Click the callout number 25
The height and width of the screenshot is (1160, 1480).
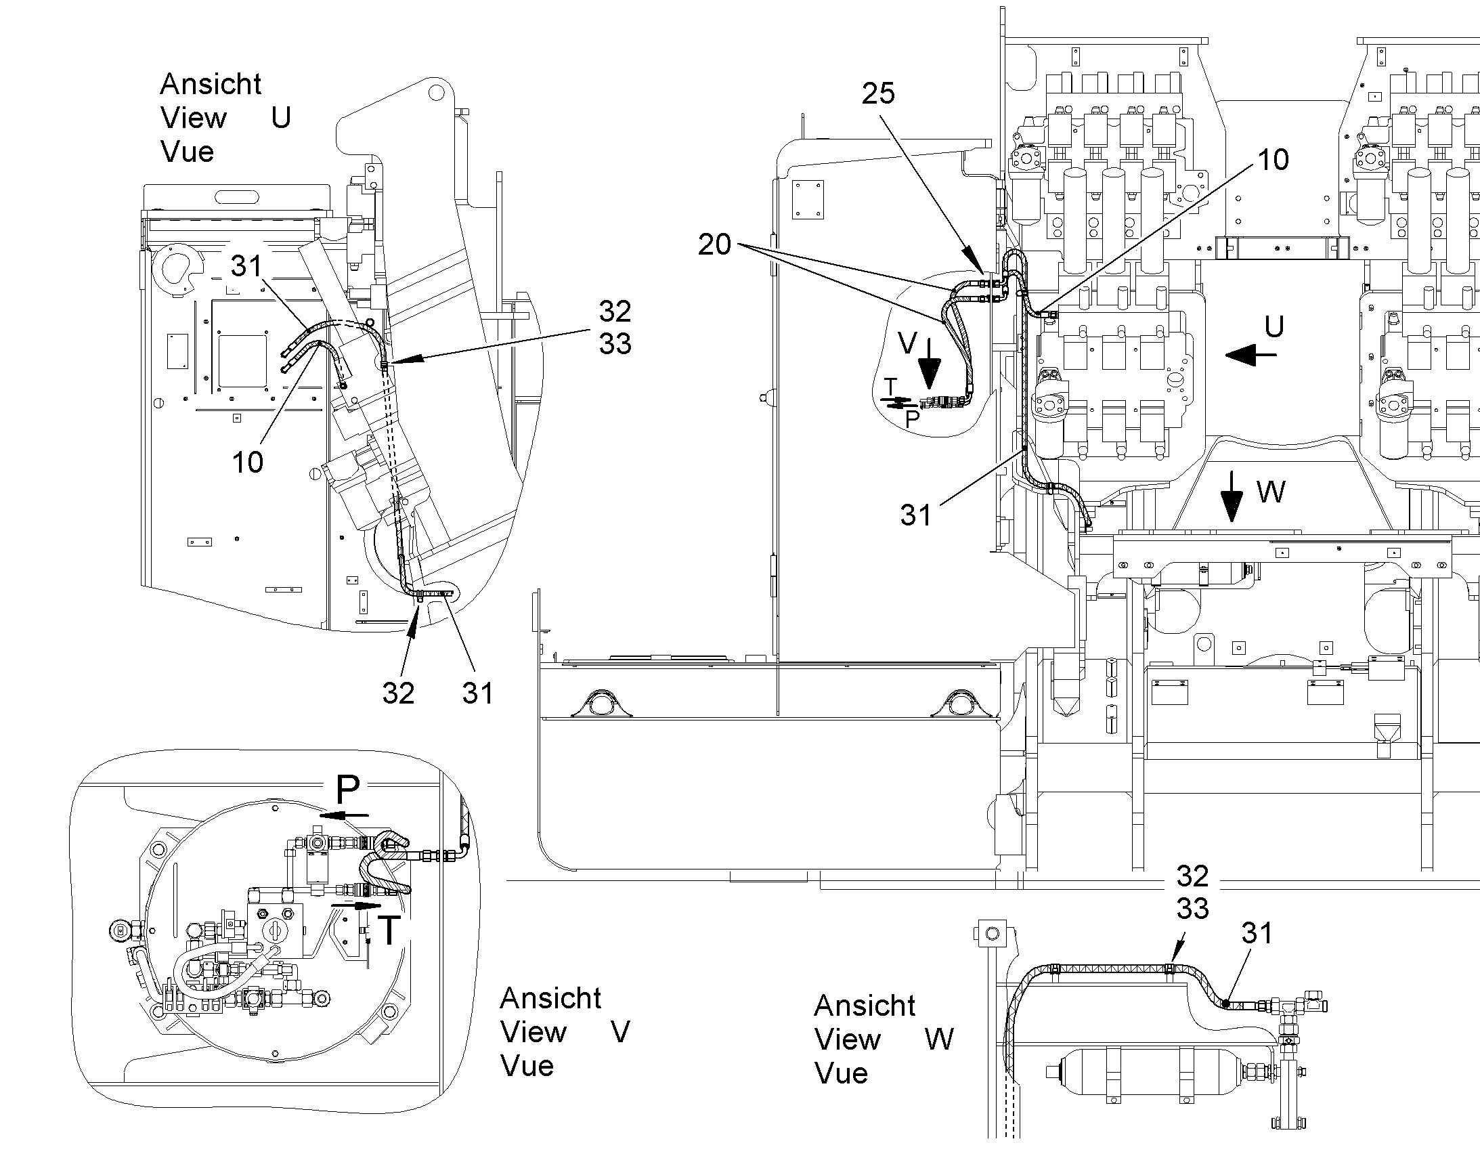pyautogui.click(x=879, y=93)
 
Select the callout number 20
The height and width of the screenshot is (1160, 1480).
pyautogui.click(x=715, y=244)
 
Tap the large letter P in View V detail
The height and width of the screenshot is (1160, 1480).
pyautogui.click(x=347, y=789)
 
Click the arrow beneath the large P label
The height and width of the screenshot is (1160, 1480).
pyautogui.click(x=345, y=815)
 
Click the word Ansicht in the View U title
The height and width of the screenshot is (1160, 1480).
pyautogui.click(x=211, y=84)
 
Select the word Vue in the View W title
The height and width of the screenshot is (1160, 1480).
pyautogui.click(x=841, y=1074)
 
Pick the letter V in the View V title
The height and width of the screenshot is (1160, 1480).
pyautogui.click(x=621, y=1032)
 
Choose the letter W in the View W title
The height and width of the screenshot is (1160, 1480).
pyautogui.click(x=940, y=1039)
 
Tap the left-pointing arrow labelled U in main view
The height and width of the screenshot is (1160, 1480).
pyautogui.click(x=1251, y=354)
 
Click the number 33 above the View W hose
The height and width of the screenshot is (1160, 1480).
pyautogui.click(x=1193, y=909)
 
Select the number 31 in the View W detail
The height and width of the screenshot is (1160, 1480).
pyautogui.click(x=1257, y=933)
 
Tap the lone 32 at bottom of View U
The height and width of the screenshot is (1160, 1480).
pyautogui.click(x=398, y=693)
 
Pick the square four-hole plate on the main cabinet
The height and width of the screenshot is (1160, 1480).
pyautogui.click(x=808, y=200)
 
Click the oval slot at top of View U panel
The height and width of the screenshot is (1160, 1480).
pyautogui.click(x=237, y=198)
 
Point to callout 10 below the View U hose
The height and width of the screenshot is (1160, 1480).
pyautogui.click(x=248, y=463)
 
